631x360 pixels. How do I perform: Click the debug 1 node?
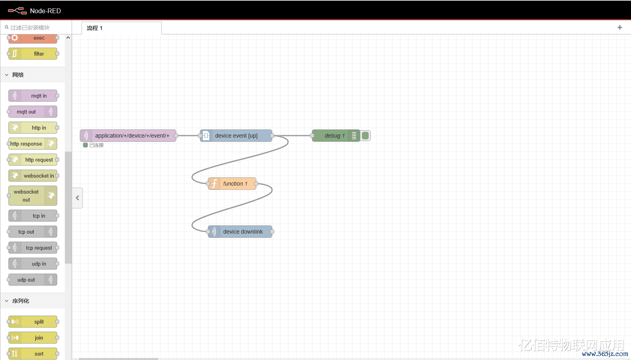[335, 136]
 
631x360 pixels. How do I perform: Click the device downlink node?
[242, 232]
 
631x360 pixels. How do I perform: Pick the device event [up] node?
[236, 136]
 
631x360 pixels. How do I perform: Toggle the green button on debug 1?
[365, 136]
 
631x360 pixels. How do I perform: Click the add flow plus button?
[620, 28]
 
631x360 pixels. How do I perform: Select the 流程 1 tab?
[95, 28]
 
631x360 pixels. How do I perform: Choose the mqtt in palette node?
[33, 96]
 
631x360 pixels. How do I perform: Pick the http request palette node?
[33, 160]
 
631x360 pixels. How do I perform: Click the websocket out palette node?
[33, 196]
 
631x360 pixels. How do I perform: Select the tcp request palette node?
[33, 248]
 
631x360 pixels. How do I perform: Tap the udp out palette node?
[33, 280]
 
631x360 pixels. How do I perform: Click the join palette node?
[33, 338]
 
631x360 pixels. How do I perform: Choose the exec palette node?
[33, 38]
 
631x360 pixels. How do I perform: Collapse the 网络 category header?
[18, 75]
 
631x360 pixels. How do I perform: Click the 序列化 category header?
[21, 301]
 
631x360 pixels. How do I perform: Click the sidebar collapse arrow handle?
[78, 198]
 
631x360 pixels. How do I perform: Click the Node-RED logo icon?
[17, 11]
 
